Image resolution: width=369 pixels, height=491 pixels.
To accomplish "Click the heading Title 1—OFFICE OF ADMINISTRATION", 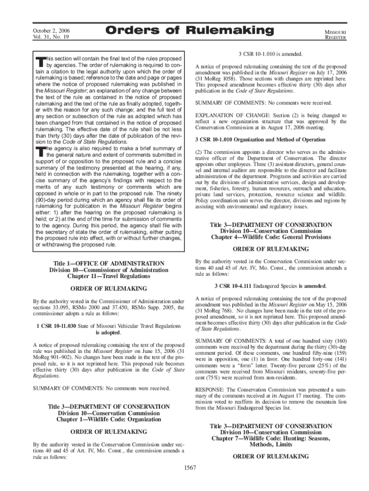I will click(109, 263).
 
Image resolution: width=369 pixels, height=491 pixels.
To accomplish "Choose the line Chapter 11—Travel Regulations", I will click(109, 277).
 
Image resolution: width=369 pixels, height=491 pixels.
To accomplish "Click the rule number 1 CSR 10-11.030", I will click(56, 327).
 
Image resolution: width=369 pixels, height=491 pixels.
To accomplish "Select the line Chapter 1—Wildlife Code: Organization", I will click(109, 420).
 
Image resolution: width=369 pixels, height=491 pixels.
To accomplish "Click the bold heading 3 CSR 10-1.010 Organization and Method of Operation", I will click(260, 140).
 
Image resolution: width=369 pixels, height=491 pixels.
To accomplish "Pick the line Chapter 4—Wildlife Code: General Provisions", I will click(271, 237).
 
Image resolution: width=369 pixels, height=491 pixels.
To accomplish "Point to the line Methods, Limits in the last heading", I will click(271, 445).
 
